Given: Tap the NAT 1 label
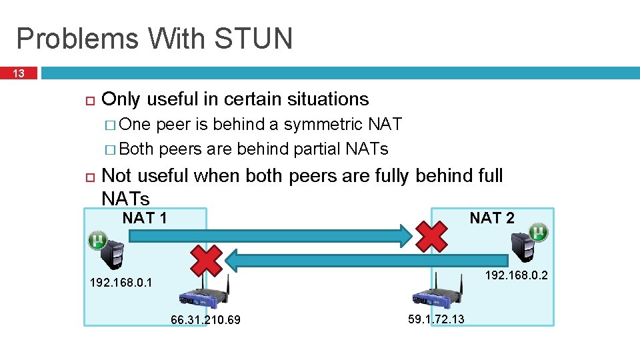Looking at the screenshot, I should (x=145, y=218).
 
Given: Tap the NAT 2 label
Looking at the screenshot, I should (x=492, y=218).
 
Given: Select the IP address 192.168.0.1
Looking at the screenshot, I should (x=121, y=283).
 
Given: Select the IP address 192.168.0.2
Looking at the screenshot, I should (x=517, y=274).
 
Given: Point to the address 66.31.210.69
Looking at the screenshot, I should (x=205, y=321).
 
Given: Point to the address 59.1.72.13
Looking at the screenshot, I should (x=436, y=319).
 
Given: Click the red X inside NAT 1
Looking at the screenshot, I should (x=206, y=260).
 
